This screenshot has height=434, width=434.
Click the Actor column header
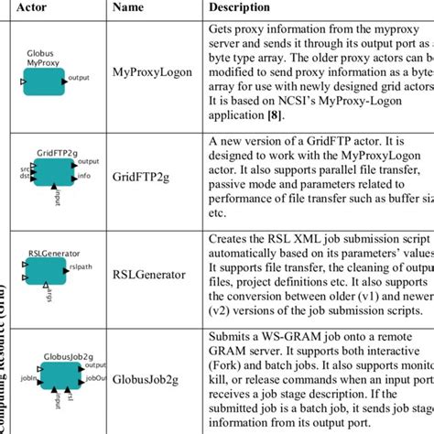coord(47,8)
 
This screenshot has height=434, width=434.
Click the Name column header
coord(132,8)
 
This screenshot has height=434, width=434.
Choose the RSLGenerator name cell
coord(147,273)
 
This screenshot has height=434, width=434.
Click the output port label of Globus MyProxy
coord(79,79)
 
